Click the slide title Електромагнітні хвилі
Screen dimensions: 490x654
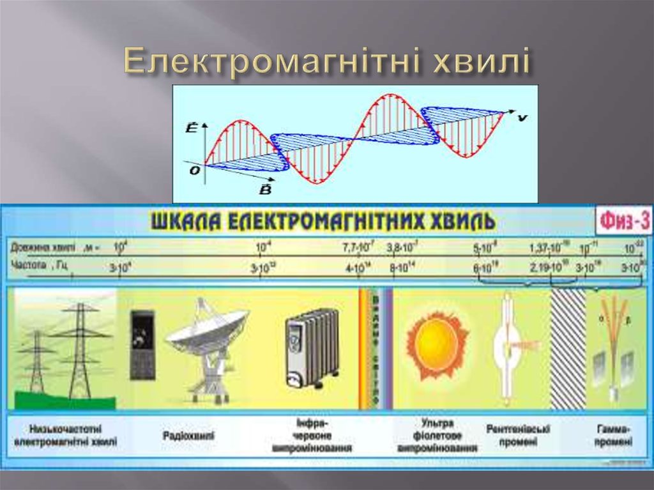click(327, 63)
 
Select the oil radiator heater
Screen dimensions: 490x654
click(312, 347)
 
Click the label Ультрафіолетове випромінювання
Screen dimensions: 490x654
click(437, 436)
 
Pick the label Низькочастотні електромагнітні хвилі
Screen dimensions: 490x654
click(66, 435)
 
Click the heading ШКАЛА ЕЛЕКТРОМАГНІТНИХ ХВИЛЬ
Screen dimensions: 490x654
click(323, 221)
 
